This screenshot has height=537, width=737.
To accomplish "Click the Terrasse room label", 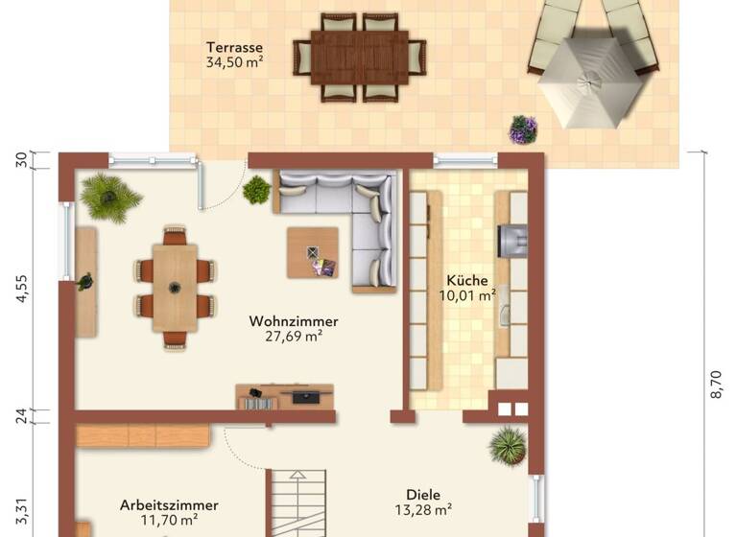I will click(x=234, y=47).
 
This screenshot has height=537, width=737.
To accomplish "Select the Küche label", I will click(x=466, y=280).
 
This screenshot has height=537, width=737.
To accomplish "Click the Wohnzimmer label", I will click(x=293, y=321).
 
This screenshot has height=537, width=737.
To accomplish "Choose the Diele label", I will click(x=423, y=495).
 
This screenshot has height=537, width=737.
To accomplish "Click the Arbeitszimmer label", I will click(x=169, y=504).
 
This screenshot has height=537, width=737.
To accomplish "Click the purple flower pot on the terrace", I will click(x=523, y=129).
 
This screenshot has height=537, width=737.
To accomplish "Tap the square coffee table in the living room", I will click(x=313, y=252).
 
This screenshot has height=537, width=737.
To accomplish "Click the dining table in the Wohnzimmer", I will click(x=175, y=287).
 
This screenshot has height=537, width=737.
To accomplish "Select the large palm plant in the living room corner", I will click(x=109, y=198).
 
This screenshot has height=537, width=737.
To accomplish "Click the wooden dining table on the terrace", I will click(x=358, y=57).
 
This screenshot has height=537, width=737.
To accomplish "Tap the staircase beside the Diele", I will click(x=300, y=504).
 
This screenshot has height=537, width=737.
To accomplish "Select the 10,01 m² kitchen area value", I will click(x=466, y=295).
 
